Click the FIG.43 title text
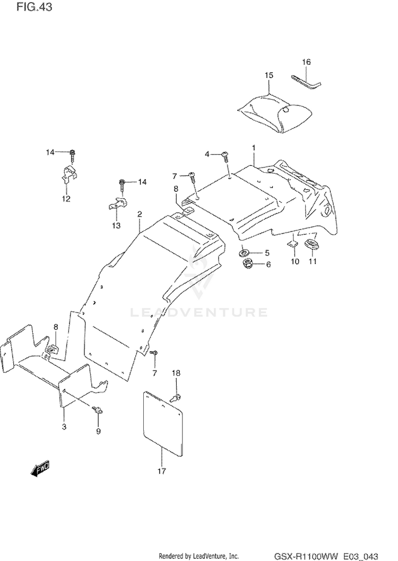34,7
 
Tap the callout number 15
269,75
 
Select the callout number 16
306,62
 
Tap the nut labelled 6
247,265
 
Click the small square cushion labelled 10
293,244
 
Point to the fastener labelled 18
177,396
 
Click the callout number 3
64,427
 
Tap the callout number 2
140,215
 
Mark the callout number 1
254,147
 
